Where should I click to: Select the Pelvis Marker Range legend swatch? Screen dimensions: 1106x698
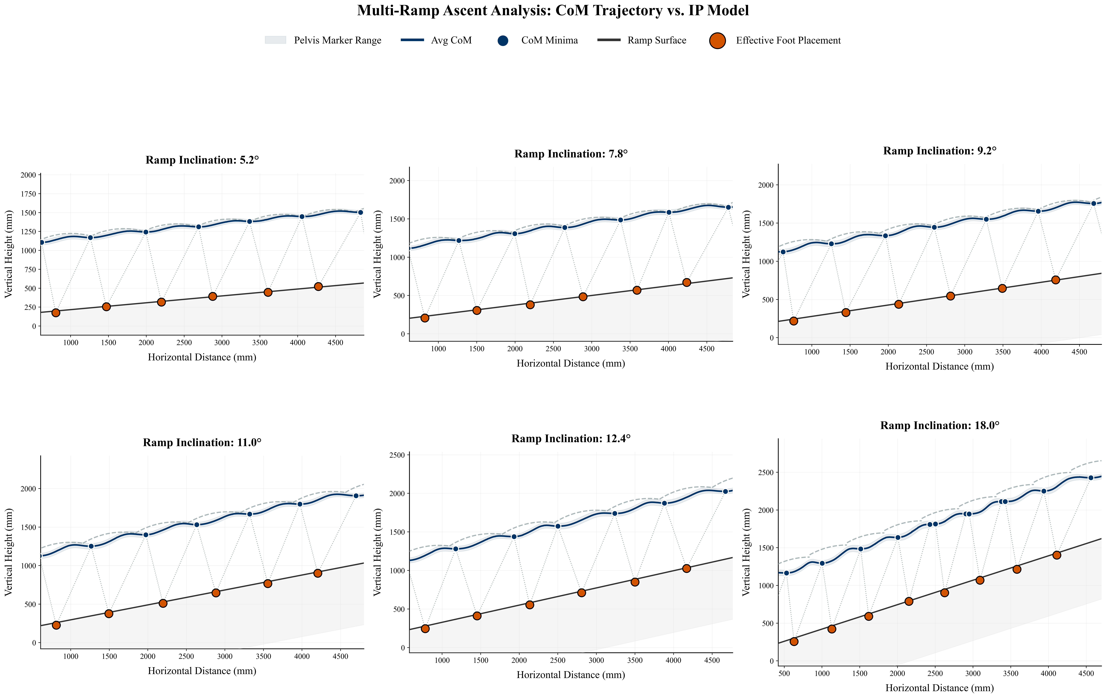click(276, 40)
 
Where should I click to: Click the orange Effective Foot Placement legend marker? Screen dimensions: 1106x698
click(717, 40)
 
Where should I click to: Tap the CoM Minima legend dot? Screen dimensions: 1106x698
click(503, 40)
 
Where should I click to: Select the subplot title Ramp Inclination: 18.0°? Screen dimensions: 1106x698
click(940, 425)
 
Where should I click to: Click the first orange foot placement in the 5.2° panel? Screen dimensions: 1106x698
click(56, 313)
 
